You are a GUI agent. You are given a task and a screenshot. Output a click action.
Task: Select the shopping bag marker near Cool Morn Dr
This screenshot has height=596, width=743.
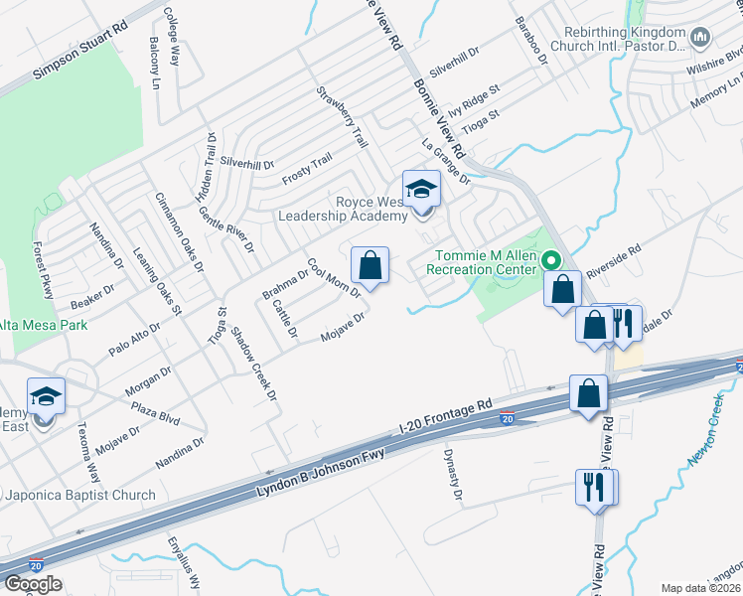tap(370, 266)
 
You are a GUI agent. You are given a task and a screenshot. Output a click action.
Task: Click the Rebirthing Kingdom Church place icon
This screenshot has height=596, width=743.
tap(702, 38)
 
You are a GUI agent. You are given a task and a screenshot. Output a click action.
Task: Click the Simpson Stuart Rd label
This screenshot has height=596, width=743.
tap(80, 58)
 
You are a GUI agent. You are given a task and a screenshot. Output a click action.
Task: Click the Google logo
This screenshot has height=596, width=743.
tap(33, 584)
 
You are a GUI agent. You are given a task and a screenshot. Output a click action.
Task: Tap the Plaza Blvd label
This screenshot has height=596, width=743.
tap(155, 410)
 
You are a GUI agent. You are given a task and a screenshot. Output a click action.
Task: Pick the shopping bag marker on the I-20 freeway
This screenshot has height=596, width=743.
tap(587, 392)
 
